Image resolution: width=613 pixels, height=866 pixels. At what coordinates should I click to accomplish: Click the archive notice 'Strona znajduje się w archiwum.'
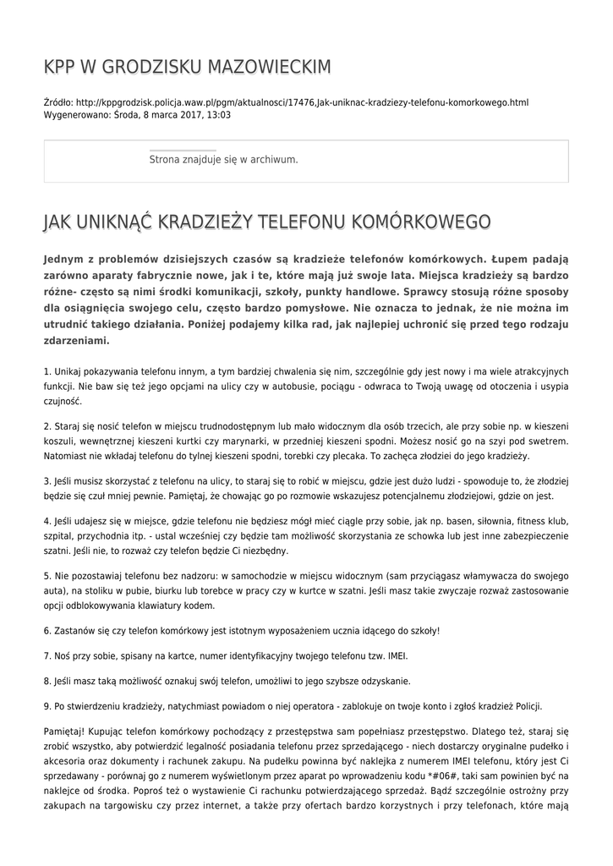click(223, 159)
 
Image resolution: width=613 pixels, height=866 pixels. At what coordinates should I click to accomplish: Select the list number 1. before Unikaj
click(47, 371)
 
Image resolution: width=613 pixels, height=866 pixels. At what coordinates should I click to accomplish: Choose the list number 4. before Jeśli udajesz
click(47, 521)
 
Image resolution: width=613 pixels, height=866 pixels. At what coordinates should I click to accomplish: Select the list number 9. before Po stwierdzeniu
click(47, 706)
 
